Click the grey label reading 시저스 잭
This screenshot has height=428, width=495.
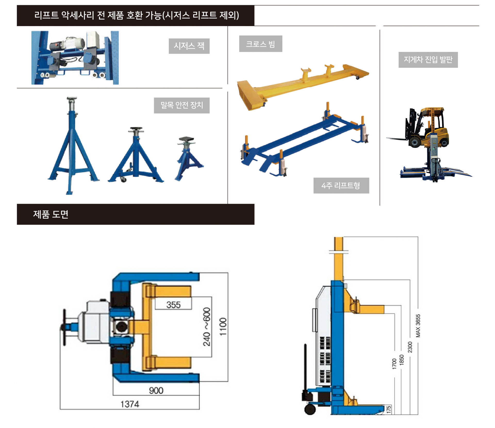[x=189, y=46]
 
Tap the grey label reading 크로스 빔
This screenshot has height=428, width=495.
[x=260, y=44]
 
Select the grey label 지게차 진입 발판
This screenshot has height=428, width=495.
[x=428, y=60]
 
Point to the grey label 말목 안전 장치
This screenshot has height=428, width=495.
[x=181, y=105]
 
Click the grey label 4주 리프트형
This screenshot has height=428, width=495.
[x=341, y=185]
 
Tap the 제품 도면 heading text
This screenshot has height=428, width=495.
[x=51, y=214]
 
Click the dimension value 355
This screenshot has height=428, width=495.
[x=174, y=305]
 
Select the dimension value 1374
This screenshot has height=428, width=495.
[x=130, y=404]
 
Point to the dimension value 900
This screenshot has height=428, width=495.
[x=156, y=390]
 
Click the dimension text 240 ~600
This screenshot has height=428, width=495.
[x=207, y=327]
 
